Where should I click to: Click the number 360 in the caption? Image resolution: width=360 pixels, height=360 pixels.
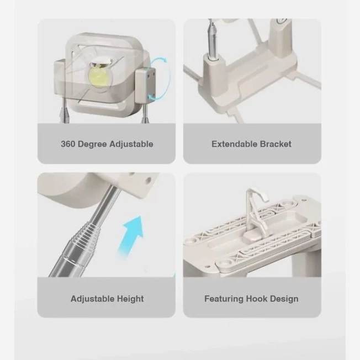pos(68,144)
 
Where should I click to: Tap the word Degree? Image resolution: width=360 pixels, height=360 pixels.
pos(92,144)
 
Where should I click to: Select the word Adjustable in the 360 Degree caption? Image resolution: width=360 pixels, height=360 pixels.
pos(131,144)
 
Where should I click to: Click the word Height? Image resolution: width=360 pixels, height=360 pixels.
pos(130,299)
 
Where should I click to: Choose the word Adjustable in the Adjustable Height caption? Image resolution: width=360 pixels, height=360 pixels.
pos(93,299)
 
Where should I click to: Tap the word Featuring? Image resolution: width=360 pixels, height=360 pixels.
pos(224,299)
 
